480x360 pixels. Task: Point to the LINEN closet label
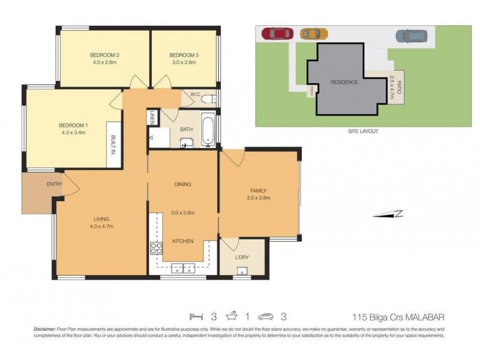pos(153,118)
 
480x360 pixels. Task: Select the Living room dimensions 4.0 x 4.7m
pos(101,226)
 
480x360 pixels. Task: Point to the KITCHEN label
pos(182,241)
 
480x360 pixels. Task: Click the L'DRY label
pos(242,257)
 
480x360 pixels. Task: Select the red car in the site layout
pos(276,34)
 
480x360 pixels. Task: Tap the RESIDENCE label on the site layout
pos(344,82)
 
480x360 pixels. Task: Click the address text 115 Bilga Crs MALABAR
pos(397,317)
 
